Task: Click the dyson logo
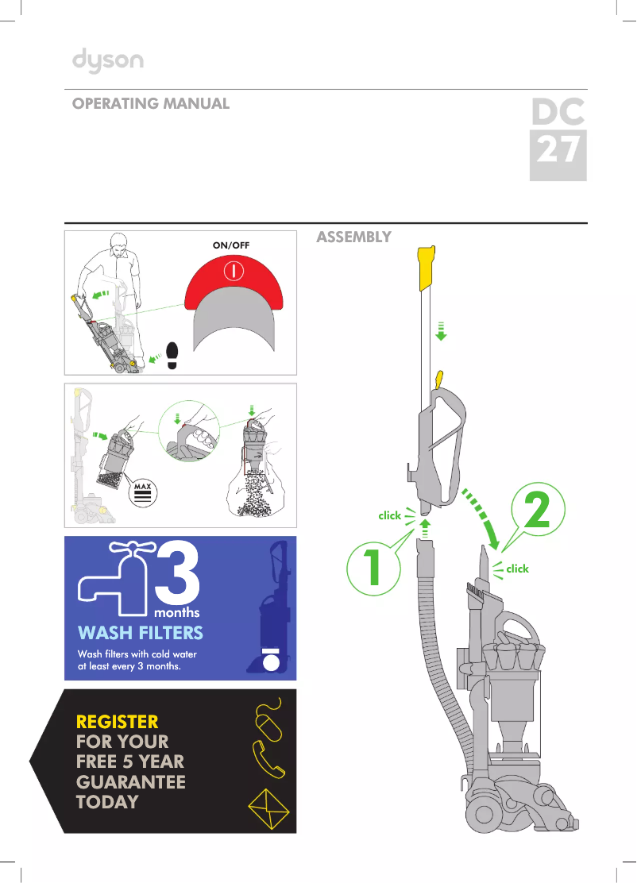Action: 108,61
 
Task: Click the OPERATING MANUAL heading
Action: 151,104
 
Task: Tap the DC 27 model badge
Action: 558,139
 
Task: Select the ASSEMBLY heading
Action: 353,237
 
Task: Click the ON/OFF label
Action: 231,245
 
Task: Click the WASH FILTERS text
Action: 140,633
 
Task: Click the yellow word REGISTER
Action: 117,722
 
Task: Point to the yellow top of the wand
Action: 425,266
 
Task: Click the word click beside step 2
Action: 517,569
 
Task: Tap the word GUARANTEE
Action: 130,781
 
